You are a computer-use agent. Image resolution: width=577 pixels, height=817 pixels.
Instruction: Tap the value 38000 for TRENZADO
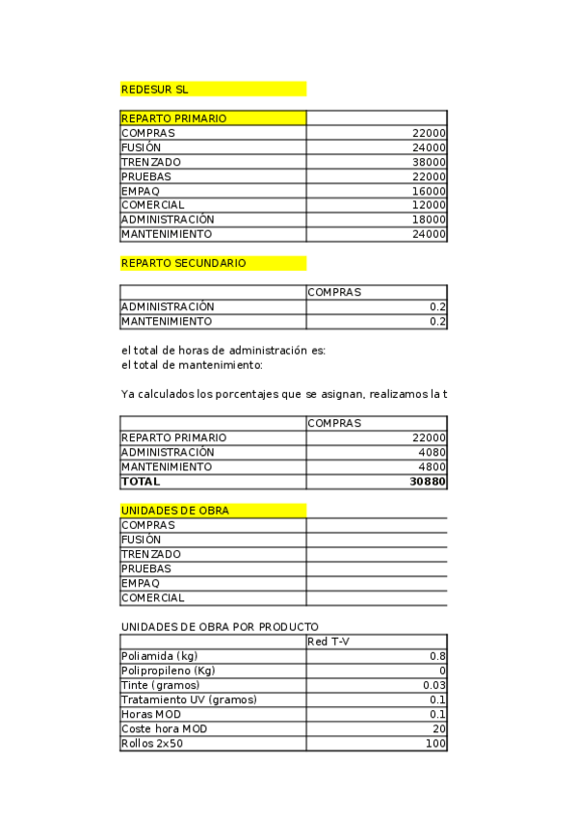428,162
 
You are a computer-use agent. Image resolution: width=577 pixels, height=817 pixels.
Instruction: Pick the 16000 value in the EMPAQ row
428,191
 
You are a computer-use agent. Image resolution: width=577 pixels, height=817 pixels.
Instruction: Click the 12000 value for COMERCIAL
428,205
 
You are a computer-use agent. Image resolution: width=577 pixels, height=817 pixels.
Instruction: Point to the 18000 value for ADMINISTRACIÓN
428,220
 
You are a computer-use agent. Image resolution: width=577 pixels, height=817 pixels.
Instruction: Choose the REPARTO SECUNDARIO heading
183,263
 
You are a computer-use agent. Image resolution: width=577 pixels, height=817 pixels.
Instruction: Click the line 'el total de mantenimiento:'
192,365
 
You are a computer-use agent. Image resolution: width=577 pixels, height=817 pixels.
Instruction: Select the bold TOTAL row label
141,481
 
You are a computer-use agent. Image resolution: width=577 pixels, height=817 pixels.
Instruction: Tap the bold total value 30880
428,481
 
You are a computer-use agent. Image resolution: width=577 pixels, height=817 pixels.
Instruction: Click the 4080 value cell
431,452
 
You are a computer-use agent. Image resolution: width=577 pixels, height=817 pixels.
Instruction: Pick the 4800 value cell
431,466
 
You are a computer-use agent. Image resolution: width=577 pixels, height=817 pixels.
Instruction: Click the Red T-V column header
328,642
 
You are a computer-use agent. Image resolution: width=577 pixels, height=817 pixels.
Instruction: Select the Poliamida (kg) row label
160,656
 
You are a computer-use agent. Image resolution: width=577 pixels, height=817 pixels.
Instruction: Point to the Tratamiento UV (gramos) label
189,699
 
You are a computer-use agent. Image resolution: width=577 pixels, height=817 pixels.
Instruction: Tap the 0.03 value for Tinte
434,685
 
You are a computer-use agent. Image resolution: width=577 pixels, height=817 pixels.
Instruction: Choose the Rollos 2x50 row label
152,743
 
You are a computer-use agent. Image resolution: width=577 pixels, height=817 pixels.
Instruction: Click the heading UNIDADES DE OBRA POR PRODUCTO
220,627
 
